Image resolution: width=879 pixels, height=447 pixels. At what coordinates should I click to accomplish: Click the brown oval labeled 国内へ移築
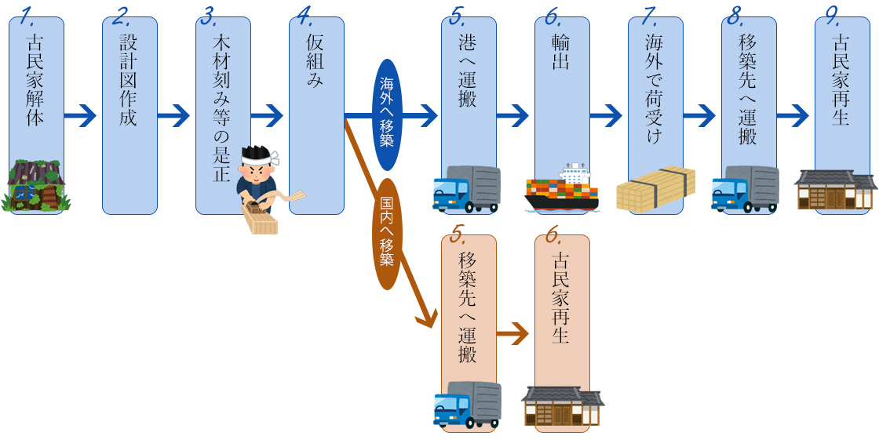tap(386, 232)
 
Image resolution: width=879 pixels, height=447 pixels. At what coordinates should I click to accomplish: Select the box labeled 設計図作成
tap(129, 78)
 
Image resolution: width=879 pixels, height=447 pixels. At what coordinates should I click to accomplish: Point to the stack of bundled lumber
tap(655, 191)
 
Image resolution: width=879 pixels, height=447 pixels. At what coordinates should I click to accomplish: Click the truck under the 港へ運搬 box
tap(467, 190)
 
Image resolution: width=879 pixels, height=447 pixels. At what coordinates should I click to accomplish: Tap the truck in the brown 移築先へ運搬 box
tap(467, 405)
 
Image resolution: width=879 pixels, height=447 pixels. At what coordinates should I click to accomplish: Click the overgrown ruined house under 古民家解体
tap(37, 187)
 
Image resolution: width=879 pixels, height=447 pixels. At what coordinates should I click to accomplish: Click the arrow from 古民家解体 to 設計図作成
tap(82, 117)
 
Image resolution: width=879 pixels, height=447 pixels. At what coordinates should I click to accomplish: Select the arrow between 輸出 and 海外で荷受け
tap(606, 117)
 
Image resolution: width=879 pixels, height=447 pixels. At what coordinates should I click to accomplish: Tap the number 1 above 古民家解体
tap(28, 14)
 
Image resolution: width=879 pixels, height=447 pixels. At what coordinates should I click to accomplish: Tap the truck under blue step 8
tap(745, 189)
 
